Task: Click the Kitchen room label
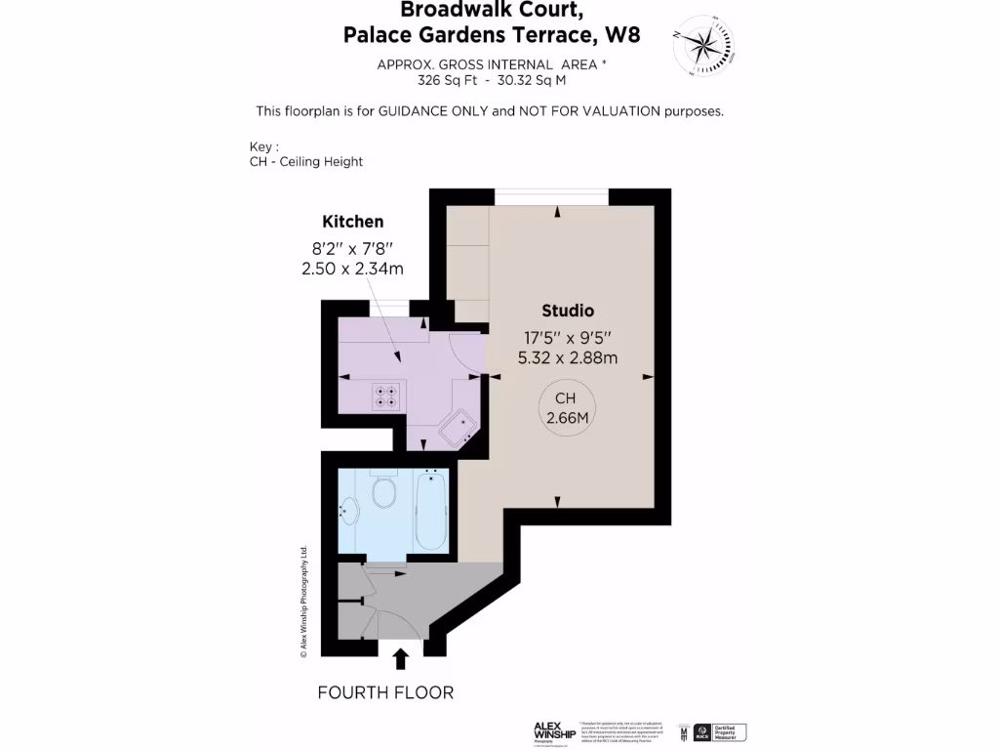tap(352, 222)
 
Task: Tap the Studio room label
tap(568, 312)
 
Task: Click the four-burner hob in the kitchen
tap(385, 396)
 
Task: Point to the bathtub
tap(430, 511)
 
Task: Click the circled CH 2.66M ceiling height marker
tap(566, 408)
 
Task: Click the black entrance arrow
tap(400, 657)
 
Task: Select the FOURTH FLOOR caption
tap(385, 693)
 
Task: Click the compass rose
tap(702, 45)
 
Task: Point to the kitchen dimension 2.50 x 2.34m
tap(352, 268)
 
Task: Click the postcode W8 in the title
tap(622, 36)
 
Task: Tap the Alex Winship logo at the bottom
tap(553, 731)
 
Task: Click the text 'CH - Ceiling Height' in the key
tap(306, 161)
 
